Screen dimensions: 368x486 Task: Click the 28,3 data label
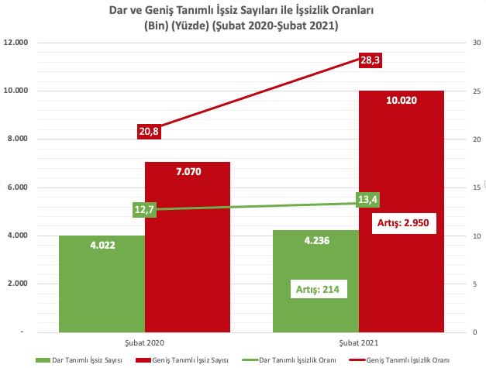point(371,60)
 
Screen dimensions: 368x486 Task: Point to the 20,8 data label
point(149,131)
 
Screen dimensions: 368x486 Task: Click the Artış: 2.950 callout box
point(402,223)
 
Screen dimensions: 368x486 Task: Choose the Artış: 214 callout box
point(318,290)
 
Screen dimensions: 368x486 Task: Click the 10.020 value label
point(402,100)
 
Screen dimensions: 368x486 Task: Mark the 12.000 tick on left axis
point(16,43)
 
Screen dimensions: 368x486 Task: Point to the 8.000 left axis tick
point(17,139)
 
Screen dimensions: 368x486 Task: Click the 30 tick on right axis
point(466,43)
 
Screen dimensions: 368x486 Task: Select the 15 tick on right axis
point(466,187)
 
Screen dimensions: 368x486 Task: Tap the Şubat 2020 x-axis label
point(145,342)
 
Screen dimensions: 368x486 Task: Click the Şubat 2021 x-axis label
point(358,342)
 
